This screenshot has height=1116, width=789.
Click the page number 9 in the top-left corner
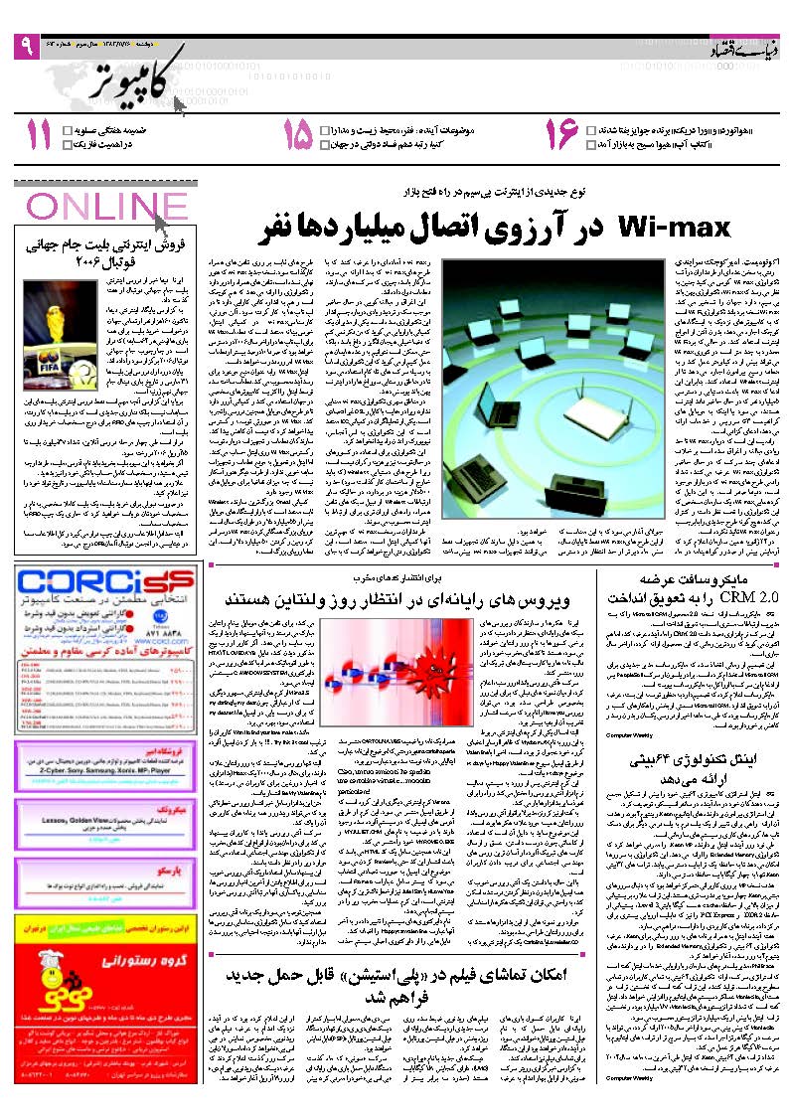[x=25, y=46]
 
